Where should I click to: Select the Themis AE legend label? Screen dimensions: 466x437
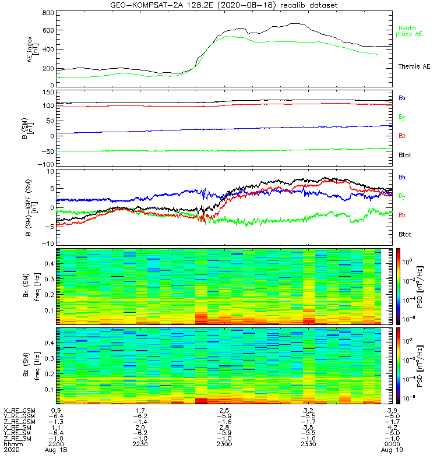(414, 66)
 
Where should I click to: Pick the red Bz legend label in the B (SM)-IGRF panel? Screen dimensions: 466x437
(402, 215)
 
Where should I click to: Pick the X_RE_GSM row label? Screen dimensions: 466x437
(19, 410)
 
